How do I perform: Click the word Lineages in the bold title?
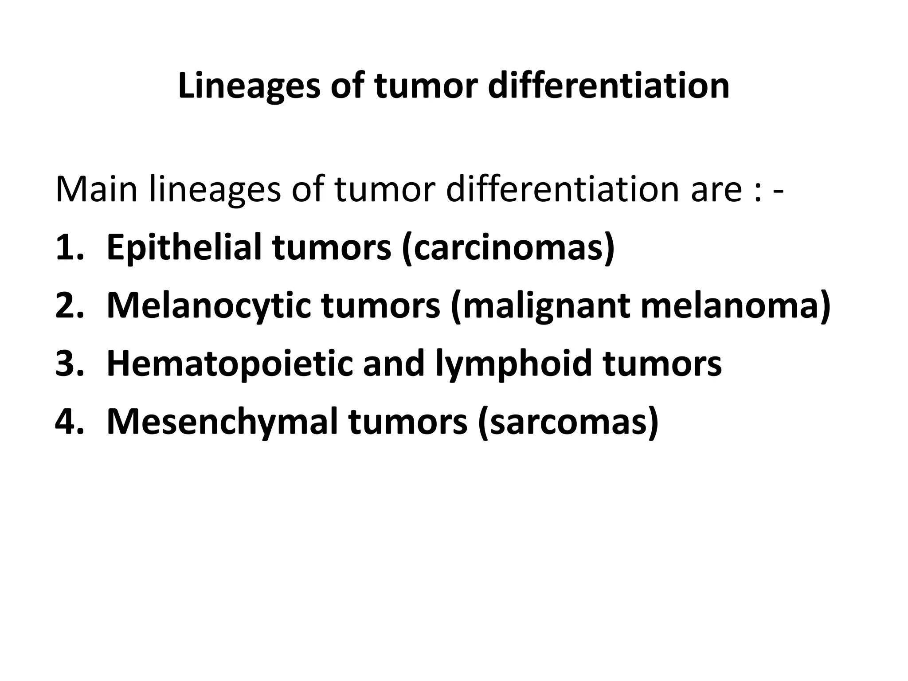pyautogui.click(x=249, y=86)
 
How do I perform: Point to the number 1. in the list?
pyautogui.click(x=69, y=248)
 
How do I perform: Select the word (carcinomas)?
pyautogui.click(x=508, y=248)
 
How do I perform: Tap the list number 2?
pyautogui.click(x=69, y=306)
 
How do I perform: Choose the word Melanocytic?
pyautogui.click(x=209, y=306)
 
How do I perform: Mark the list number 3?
pyautogui.click(x=69, y=364)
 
